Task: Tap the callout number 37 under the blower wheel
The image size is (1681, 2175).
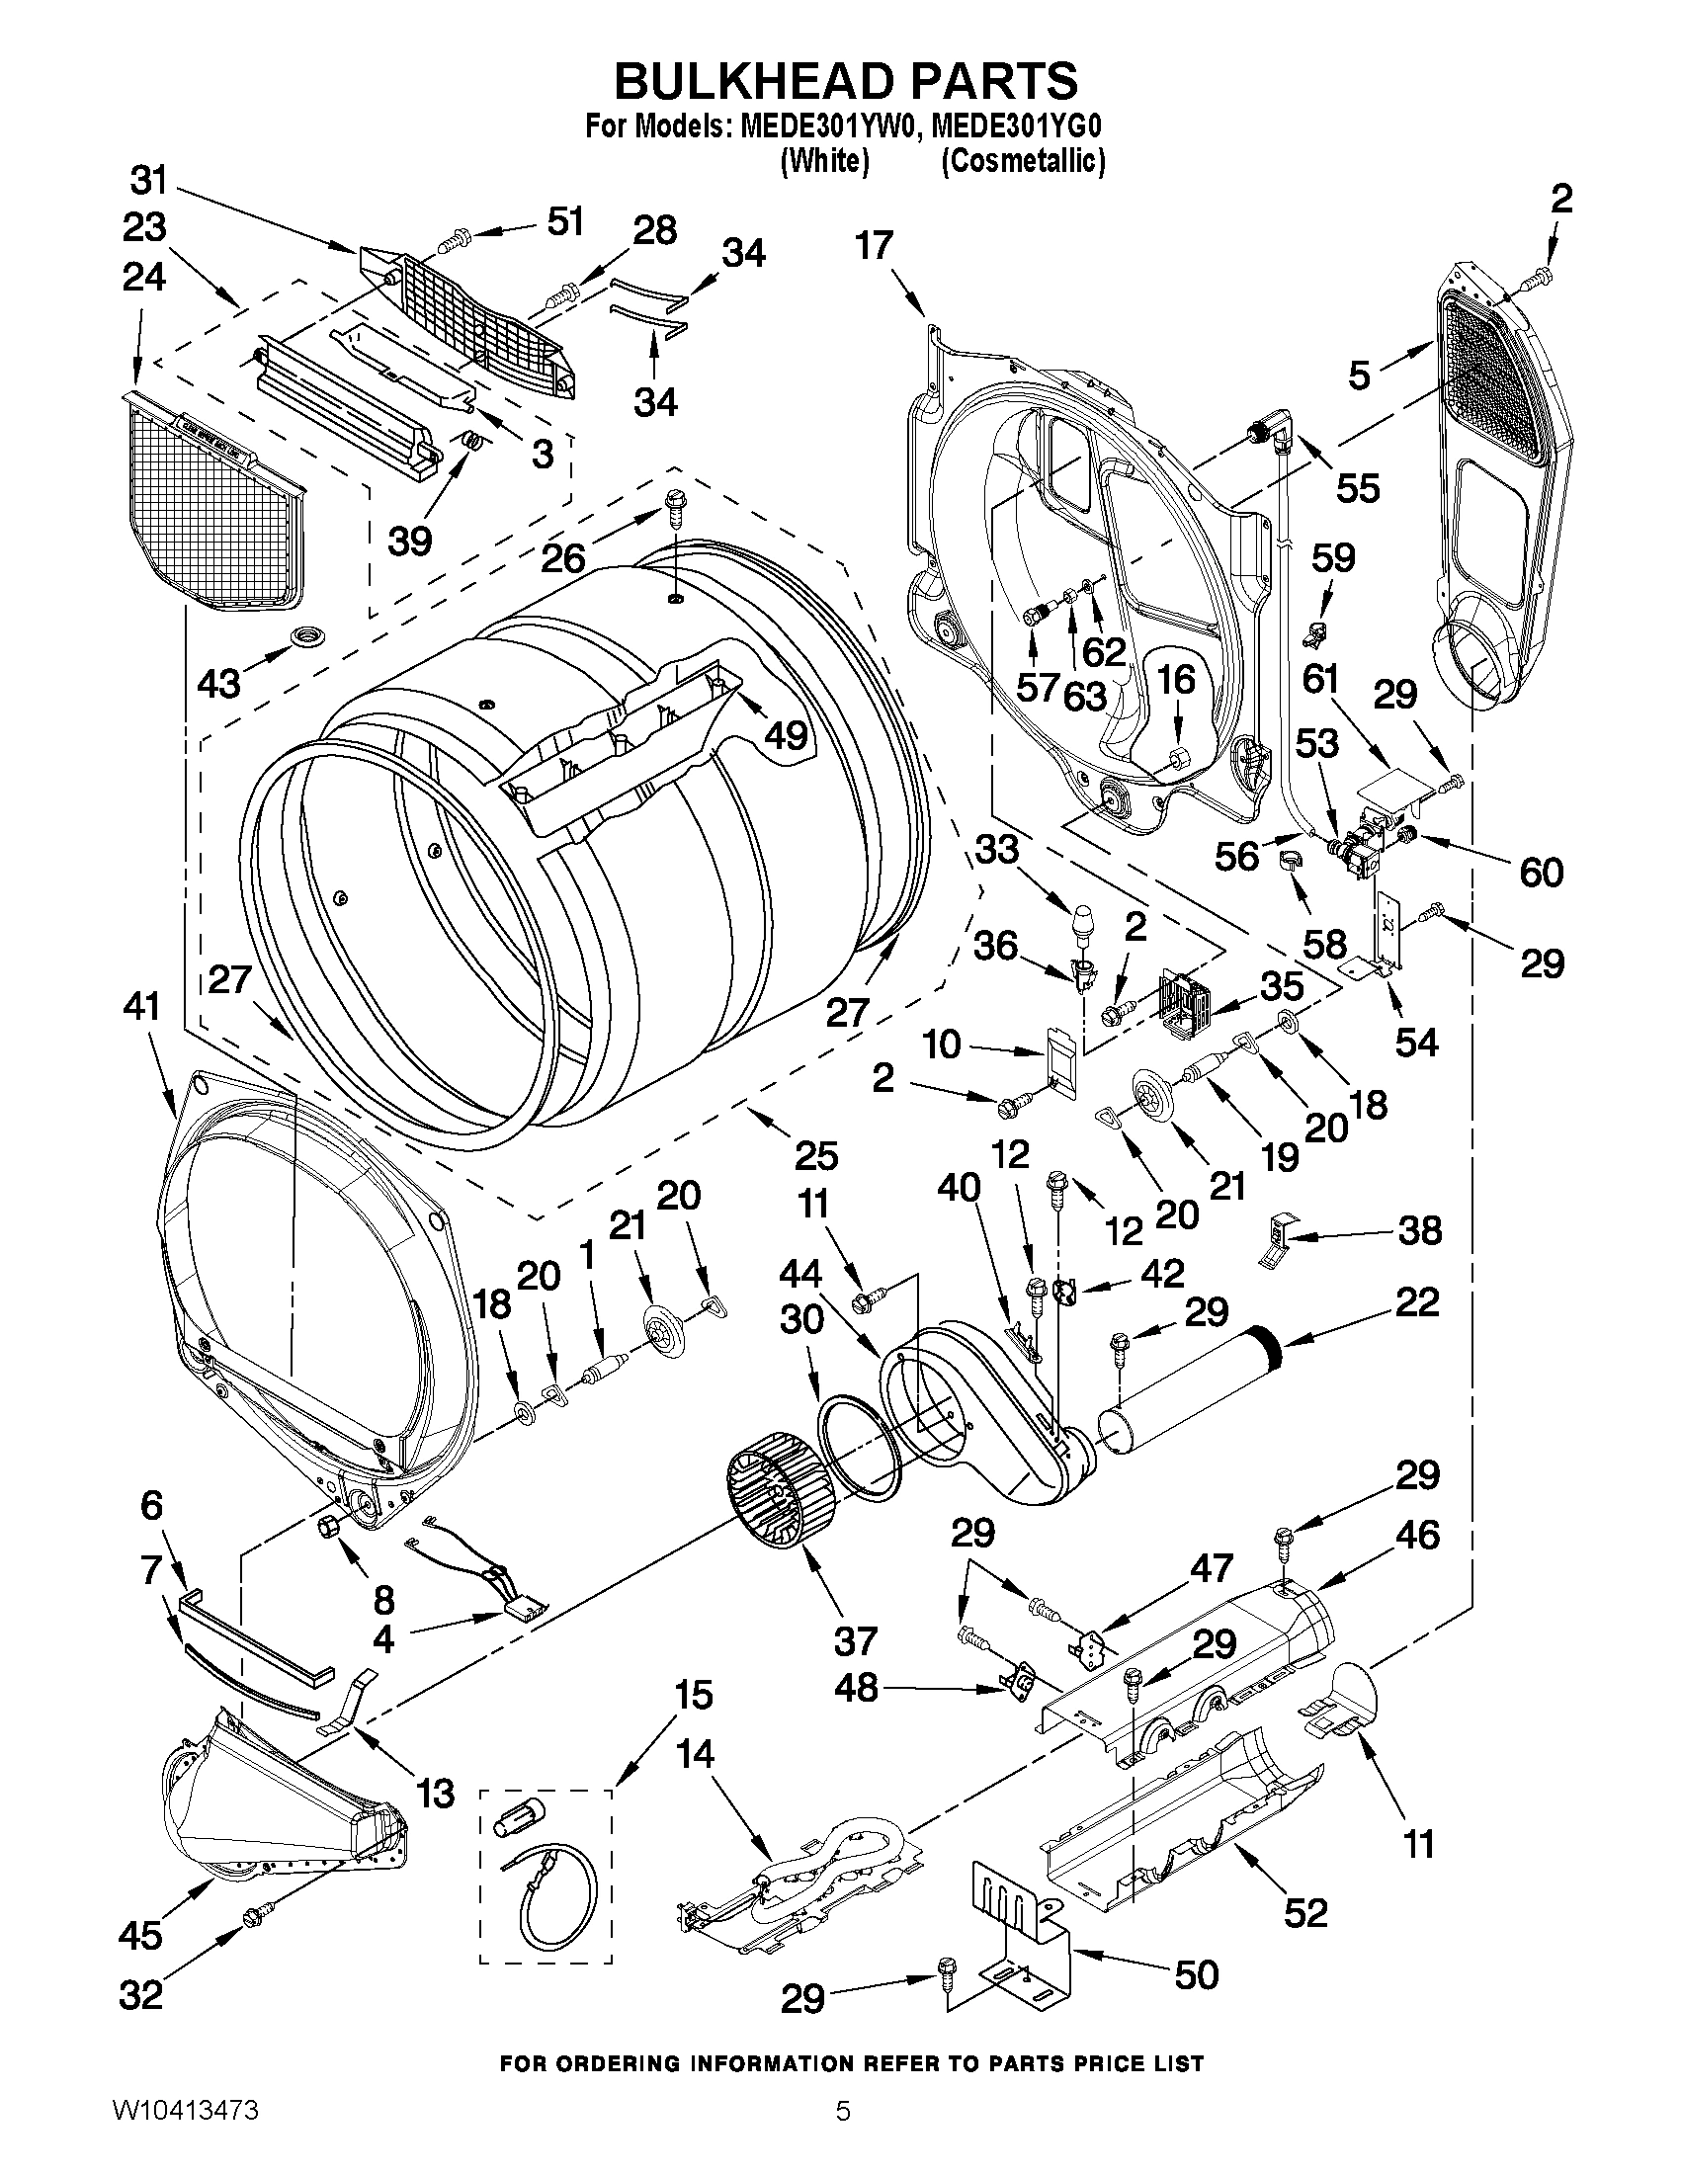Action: coord(856,1640)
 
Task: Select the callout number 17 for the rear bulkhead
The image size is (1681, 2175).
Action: coord(875,245)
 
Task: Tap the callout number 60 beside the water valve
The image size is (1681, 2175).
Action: coord(1541,873)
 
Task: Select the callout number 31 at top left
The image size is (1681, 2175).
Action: coord(149,181)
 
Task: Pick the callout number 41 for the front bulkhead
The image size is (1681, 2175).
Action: coord(141,1007)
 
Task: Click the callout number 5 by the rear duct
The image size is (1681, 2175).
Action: coord(1359,376)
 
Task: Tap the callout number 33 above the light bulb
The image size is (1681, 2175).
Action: coord(997,850)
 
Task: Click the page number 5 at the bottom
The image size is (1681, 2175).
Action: coord(843,2134)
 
